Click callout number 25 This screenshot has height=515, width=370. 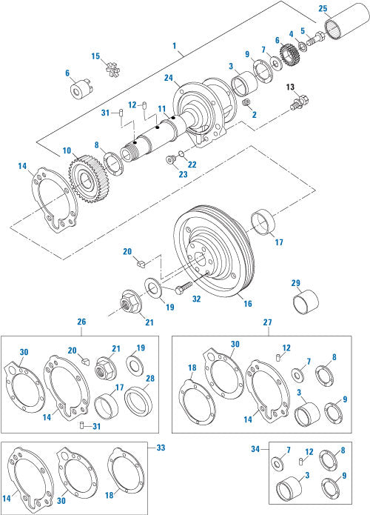click(x=322, y=9)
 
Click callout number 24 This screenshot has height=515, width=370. click(x=169, y=78)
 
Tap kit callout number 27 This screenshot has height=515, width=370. click(x=266, y=322)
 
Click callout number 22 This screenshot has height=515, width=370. click(x=192, y=165)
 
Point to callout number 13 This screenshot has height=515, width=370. click(x=291, y=87)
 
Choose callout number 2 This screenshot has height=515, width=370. click(x=254, y=114)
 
